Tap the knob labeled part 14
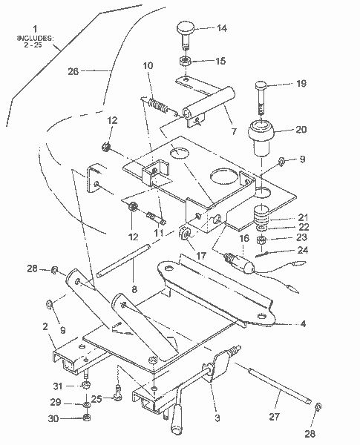pos(185,30)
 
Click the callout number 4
pos(303,323)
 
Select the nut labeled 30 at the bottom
pos(87,418)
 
